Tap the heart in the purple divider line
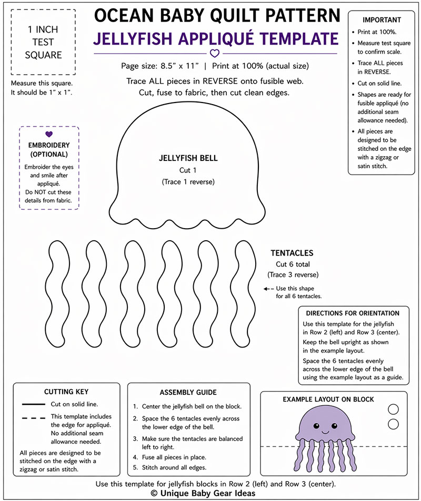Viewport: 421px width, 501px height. pyautogui.click(x=214, y=53)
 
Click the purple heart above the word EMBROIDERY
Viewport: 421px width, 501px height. pyautogui.click(x=49, y=135)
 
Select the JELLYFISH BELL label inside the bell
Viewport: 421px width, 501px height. pyautogui.click(x=188, y=158)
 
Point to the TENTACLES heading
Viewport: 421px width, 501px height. pyautogui.click(x=292, y=253)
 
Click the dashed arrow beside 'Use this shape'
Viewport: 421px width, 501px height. pyautogui.click(x=269, y=289)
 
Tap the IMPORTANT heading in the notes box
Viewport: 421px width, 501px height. pyautogui.click(x=382, y=20)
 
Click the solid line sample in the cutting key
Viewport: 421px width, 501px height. pyautogui.click(x=34, y=404)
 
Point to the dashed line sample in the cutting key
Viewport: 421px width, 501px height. pyautogui.click(x=34, y=417)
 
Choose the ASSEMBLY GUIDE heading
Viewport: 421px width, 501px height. pyautogui.click(x=188, y=392)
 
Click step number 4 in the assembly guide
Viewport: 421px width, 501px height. pyautogui.click(x=135, y=457)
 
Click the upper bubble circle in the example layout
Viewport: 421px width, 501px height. pyautogui.click(x=393, y=409)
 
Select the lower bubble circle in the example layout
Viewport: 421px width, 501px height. pyautogui.click(x=393, y=424)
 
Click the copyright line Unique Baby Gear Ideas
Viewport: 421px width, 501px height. pyautogui.click(x=210, y=493)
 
